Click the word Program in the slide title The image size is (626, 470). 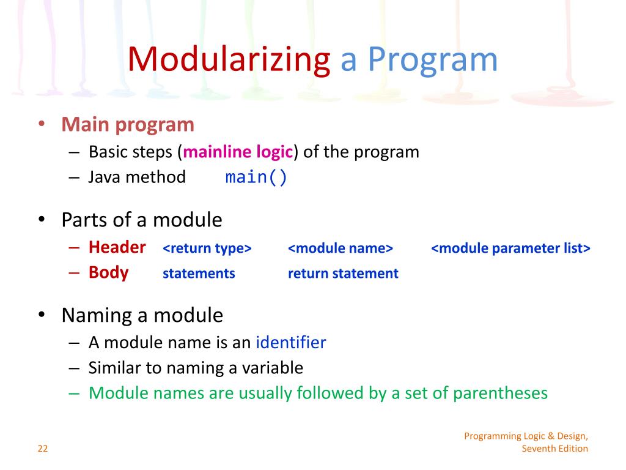coord(433,60)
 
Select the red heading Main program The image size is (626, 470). coord(127,125)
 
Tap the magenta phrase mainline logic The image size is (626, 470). coord(238,152)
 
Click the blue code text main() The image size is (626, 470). coord(256,177)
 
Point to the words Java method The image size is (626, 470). coord(137,177)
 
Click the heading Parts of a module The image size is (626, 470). coord(141,220)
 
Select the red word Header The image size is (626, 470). coord(117,247)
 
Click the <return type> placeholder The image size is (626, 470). coord(207,248)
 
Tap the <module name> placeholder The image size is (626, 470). coord(340,248)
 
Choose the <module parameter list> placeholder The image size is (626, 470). coord(510,248)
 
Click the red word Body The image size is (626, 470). coord(108,272)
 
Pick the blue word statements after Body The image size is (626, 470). coord(199,274)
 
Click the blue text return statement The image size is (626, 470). coord(343,274)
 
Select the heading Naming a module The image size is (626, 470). coord(142,316)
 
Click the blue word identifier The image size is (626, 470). coord(290,343)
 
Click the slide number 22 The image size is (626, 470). coord(42,449)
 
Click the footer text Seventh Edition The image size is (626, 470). coord(554,449)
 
